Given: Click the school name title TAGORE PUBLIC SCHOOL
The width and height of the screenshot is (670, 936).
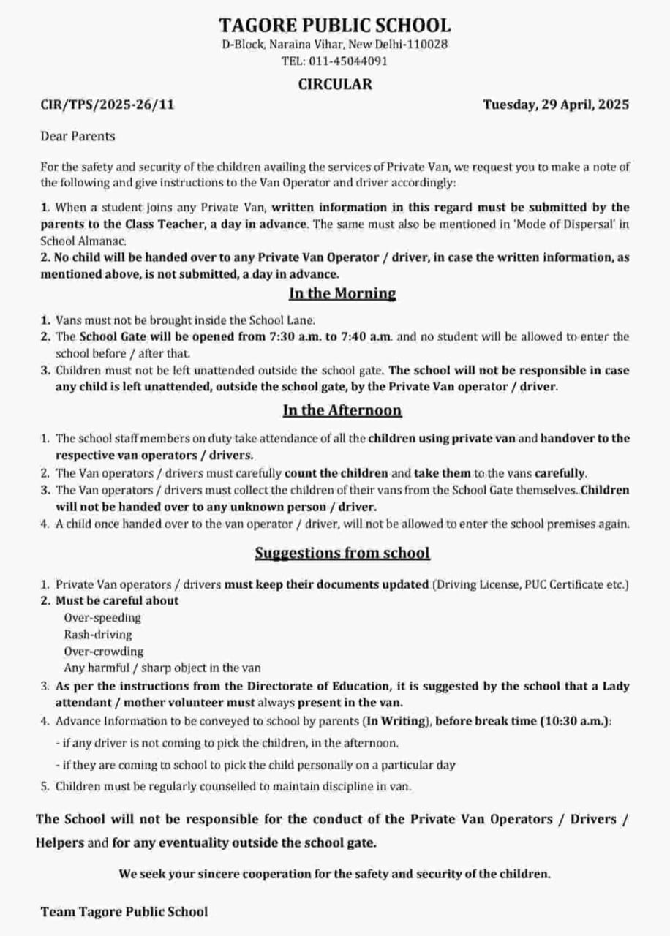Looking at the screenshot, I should coord(334,25).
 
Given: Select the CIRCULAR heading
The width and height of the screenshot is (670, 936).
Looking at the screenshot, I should coord(334,84).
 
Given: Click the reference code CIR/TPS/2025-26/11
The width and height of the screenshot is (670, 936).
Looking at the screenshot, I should coord(108,105).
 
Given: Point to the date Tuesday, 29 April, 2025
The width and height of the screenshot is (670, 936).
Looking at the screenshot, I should coord(556,105).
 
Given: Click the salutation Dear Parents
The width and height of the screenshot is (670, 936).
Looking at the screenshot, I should coord(78,136).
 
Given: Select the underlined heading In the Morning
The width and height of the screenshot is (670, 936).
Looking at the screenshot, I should coord(342,293).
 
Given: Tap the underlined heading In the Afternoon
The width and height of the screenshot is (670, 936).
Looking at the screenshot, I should coord(342,409).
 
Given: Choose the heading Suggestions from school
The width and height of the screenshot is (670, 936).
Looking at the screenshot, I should coord(342,553).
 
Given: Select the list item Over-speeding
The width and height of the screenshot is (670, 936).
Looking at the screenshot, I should coord(102,618).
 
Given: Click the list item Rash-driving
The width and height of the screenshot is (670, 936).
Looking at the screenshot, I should coord(98,635).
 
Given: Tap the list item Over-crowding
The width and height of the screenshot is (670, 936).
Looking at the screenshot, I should coord(103,652).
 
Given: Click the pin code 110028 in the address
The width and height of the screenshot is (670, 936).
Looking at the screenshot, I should coord(427,44).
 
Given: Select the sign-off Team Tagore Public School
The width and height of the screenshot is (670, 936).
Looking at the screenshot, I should coord(124,911).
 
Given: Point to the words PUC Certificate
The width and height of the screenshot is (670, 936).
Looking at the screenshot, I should coord(562,584).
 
